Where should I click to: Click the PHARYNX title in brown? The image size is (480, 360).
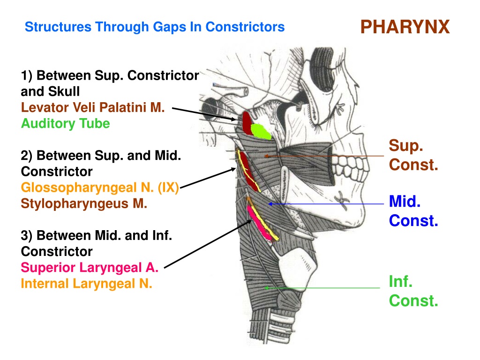pos(405,27)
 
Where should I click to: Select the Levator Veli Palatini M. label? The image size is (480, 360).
pos(93,107)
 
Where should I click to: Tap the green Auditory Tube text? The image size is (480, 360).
pos(65,123)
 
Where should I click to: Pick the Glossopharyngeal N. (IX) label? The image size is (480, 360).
pos(100,187)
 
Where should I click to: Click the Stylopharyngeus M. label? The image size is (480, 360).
pos(84,203)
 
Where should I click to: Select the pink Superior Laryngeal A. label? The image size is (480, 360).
pos(90,268)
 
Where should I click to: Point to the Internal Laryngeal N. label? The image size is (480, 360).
pos(86,284)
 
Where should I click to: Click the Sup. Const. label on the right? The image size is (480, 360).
pos(413,155)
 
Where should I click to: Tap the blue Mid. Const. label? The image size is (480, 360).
pos(413,211)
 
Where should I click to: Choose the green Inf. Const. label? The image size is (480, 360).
pos(413,291)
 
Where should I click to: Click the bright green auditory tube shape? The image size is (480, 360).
pos(261,132)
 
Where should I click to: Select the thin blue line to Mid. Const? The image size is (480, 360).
pos(326,204)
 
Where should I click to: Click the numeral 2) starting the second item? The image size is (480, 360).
pos(26,156)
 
